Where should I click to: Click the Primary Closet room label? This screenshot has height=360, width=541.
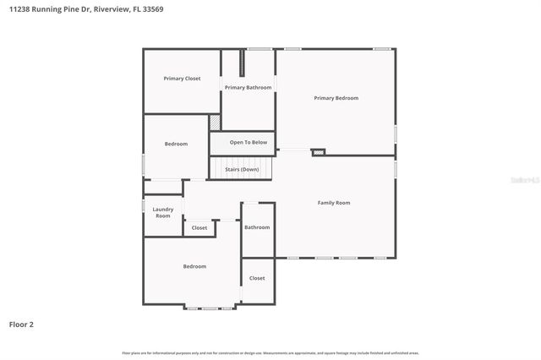click(182, 79)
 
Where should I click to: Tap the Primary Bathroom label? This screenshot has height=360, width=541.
click(248, 88)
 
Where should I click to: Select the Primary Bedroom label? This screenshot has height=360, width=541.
click(336, 98)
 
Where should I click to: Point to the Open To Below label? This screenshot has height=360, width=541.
click(248, 142)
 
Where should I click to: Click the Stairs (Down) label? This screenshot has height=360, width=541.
click(242, 169)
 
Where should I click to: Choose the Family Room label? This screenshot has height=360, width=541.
click(333, 203)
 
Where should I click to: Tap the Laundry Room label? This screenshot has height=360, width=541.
click(163, 212)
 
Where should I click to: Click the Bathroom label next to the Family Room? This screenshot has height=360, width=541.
click(257, 227)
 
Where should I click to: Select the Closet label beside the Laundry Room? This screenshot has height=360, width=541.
click(199, 227)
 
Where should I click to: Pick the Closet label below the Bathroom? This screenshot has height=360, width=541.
click(257, 278)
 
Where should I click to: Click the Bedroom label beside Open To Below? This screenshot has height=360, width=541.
click(176, 145)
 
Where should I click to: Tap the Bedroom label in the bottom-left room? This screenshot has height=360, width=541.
click(194, 267)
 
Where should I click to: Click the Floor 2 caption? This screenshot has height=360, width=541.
click(21, 324)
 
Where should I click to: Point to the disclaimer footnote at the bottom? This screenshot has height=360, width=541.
click(270, 352)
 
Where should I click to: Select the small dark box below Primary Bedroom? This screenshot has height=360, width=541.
click(318, 152)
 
